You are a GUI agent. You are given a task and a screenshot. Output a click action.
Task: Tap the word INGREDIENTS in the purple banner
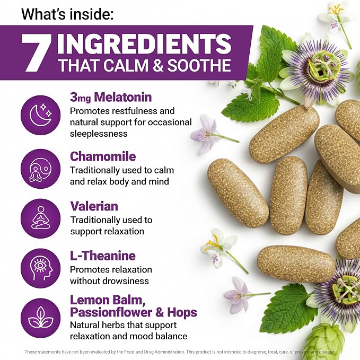coord(144,44)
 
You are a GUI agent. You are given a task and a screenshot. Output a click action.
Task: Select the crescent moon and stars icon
coord(41,115)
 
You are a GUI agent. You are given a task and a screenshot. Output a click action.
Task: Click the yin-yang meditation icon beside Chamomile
coord(41,169)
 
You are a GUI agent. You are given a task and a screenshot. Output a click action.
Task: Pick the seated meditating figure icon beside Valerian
coord(41,218)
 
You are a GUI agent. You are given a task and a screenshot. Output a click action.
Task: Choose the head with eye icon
coord(41,268)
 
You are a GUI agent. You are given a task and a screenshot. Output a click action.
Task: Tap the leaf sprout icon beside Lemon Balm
coord(41,318)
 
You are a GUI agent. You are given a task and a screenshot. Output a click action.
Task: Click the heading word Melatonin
coord(123,97)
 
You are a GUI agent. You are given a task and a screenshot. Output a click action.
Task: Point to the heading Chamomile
coord(103,156)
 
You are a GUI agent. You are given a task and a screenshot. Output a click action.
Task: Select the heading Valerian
coord(94,206)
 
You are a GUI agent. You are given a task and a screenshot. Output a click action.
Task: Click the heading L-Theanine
coord(103,256)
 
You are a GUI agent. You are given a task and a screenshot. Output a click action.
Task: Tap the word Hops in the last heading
coord(182,313)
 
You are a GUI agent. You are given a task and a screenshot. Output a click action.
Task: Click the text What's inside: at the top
coord(67,14)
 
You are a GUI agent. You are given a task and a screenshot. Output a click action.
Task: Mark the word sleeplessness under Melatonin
coord(99,134)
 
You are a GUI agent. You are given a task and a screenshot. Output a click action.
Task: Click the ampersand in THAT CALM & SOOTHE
coord(158,65)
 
